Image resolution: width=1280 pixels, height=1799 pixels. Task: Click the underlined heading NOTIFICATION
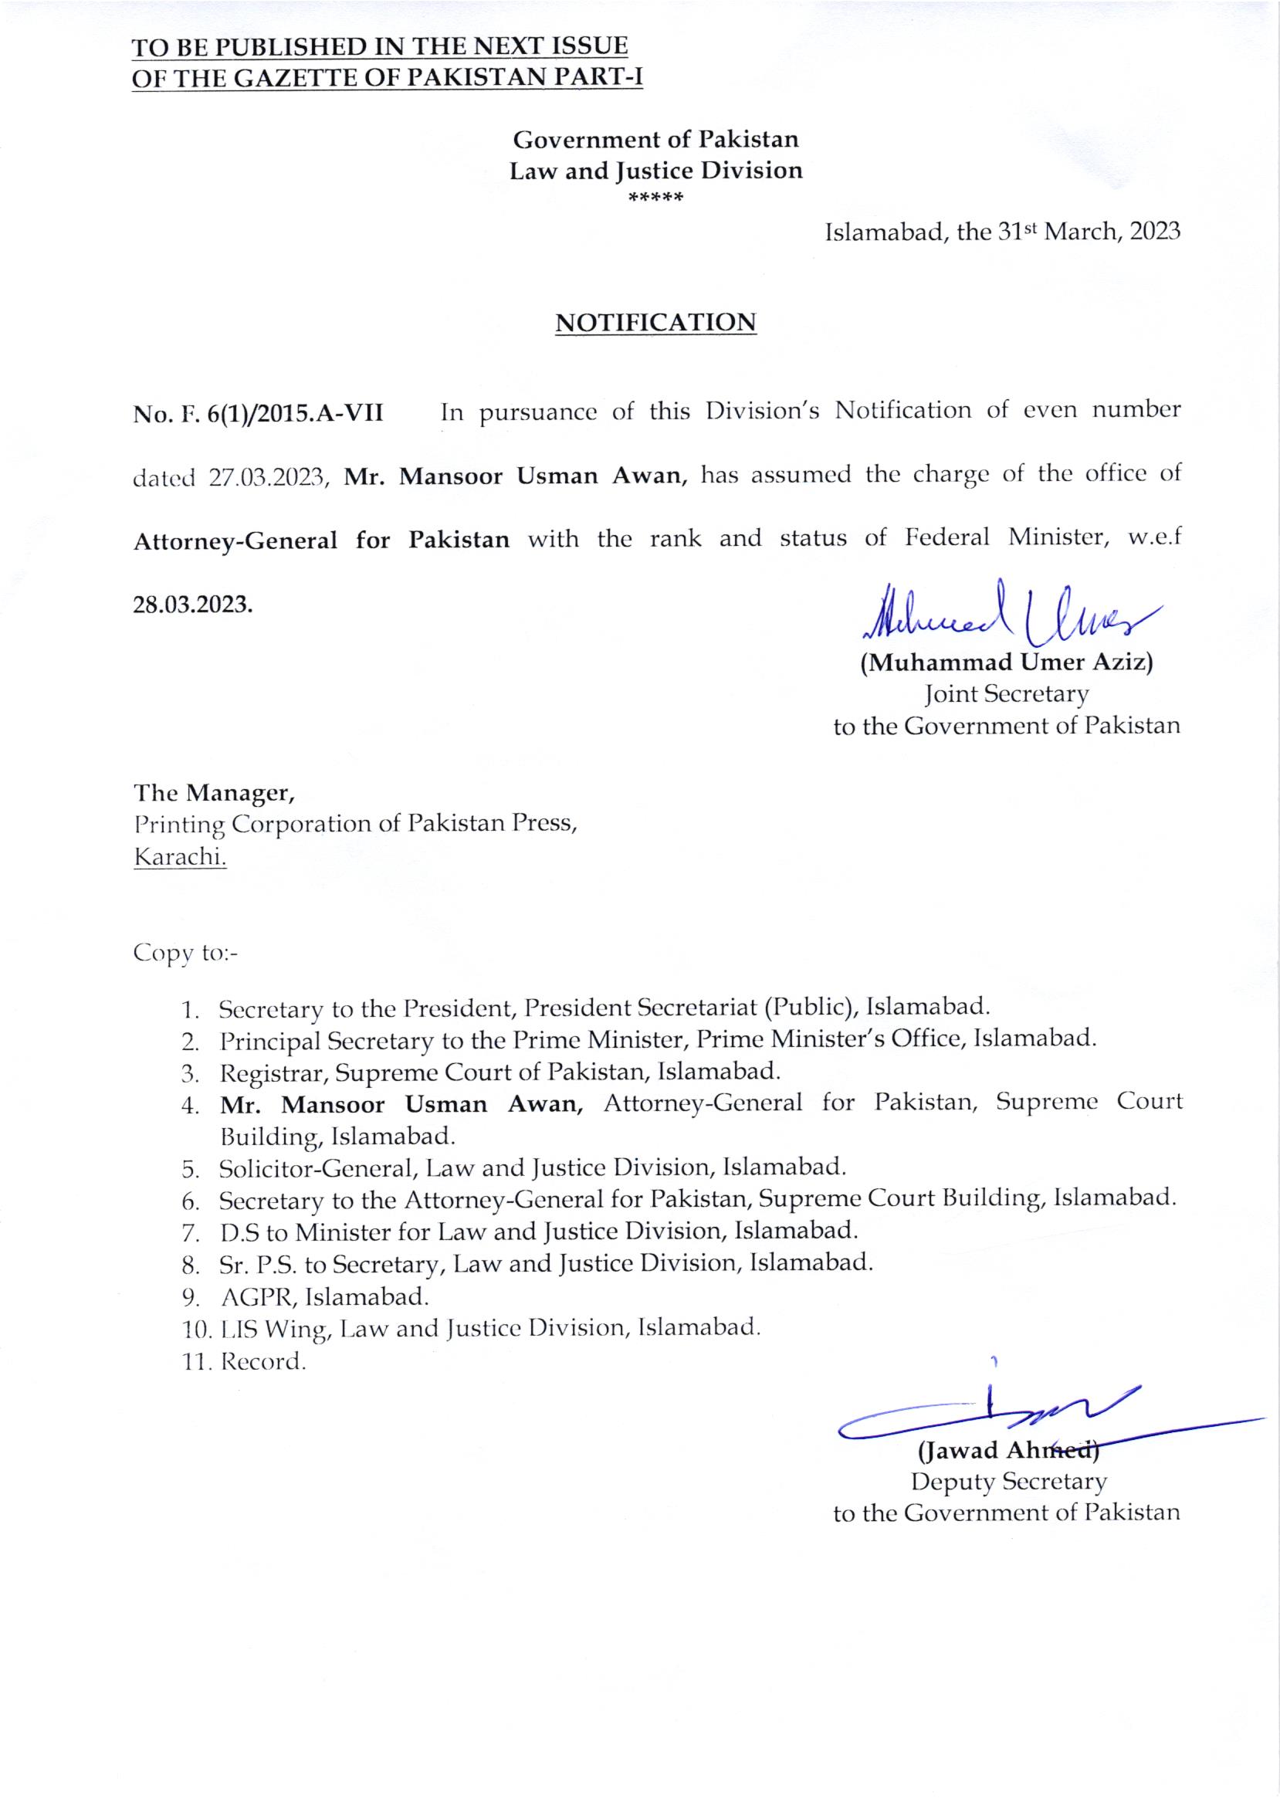click(x=655, y=324)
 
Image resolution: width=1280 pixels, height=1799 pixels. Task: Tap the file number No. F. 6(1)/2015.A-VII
click(x=258, y=412)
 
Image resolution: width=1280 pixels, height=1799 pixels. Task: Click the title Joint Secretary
click(x=1007, y=695)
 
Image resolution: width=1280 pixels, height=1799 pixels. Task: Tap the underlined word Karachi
click(x=181, y=857)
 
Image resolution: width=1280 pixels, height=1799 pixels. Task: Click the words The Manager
click(x=214, y=791)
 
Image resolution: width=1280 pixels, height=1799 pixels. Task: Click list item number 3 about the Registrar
click(x=499, y=1072)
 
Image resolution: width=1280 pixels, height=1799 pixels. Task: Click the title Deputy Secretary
click(x=1008, y=1482)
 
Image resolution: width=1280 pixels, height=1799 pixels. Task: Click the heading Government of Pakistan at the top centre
click(x=655, y=140)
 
